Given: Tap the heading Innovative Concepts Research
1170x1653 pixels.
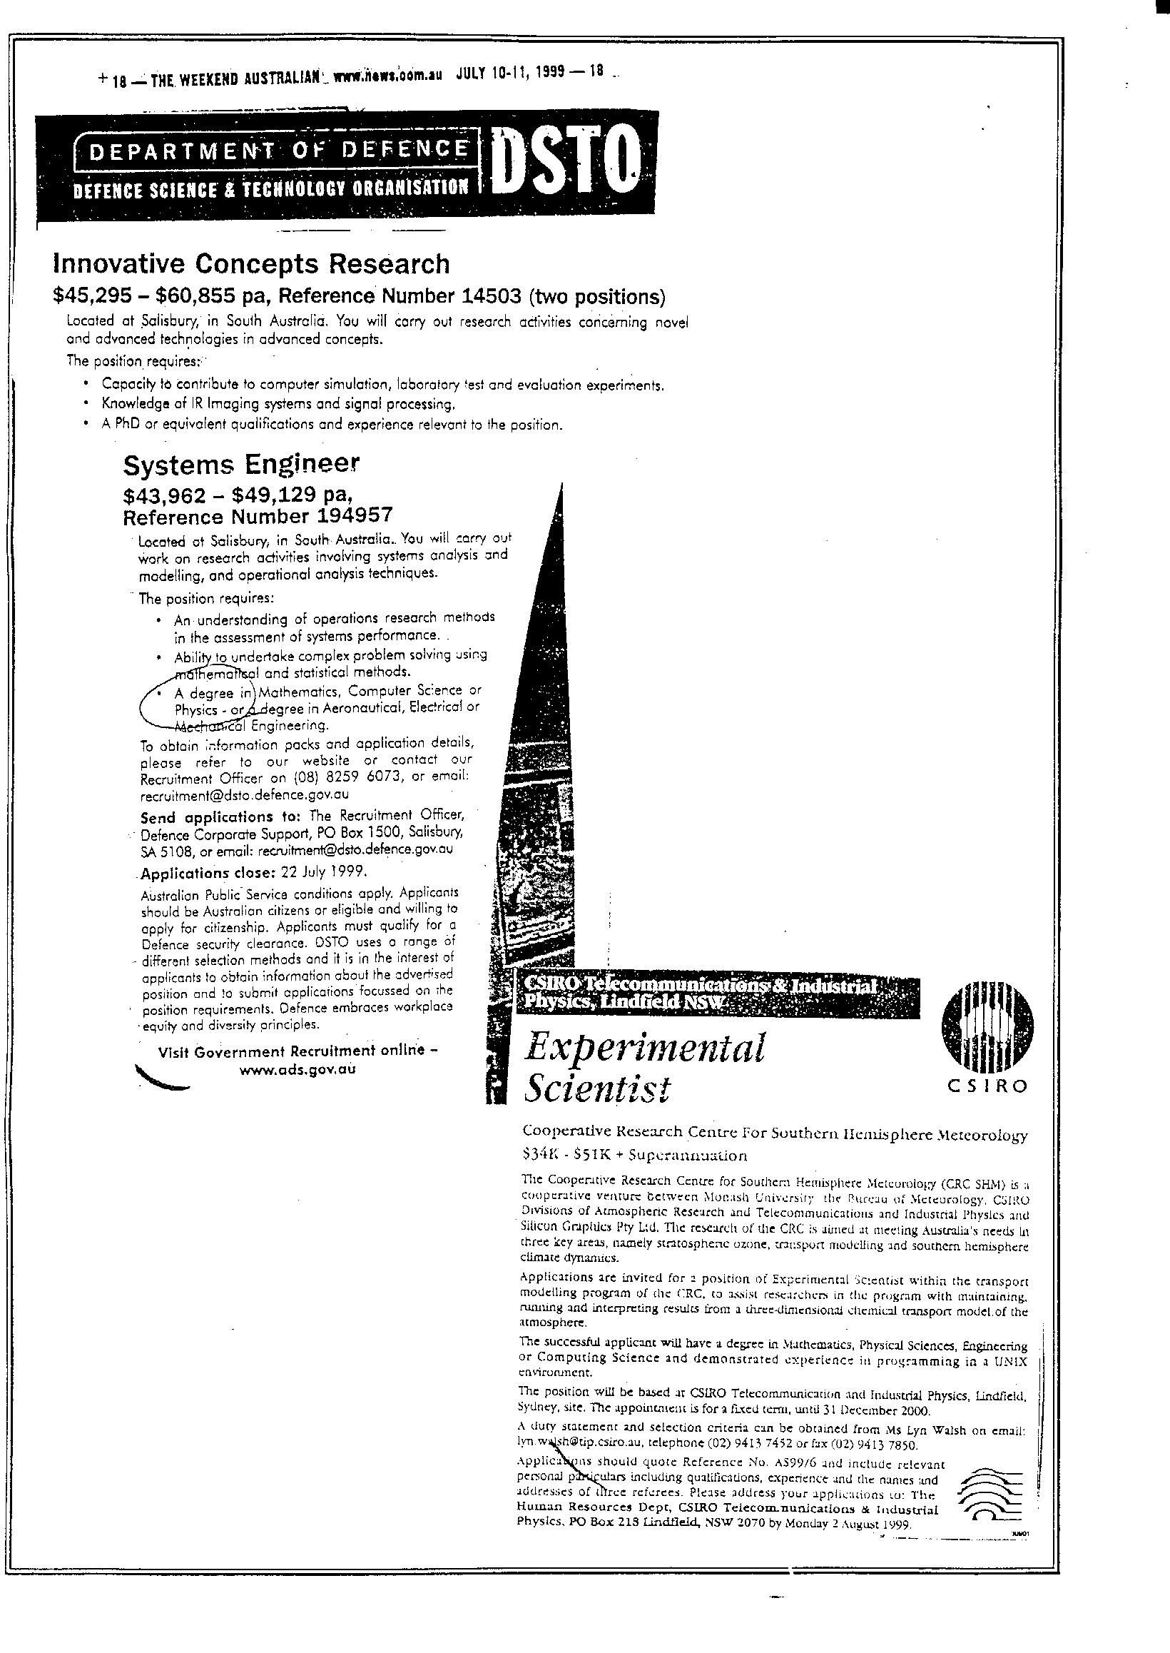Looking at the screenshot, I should tap(250, 265).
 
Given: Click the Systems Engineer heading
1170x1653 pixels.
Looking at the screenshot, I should tap(240, 465).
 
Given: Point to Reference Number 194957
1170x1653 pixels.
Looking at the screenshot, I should tap(258, 517).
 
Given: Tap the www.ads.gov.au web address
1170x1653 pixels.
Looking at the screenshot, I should tap(297, 1069).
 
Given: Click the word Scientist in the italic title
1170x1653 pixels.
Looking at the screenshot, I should tap(597, 1088).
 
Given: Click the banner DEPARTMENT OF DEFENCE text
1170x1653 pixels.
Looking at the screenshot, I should tap(274, 149).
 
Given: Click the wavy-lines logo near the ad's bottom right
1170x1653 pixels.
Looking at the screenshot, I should tap(991, 1482).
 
